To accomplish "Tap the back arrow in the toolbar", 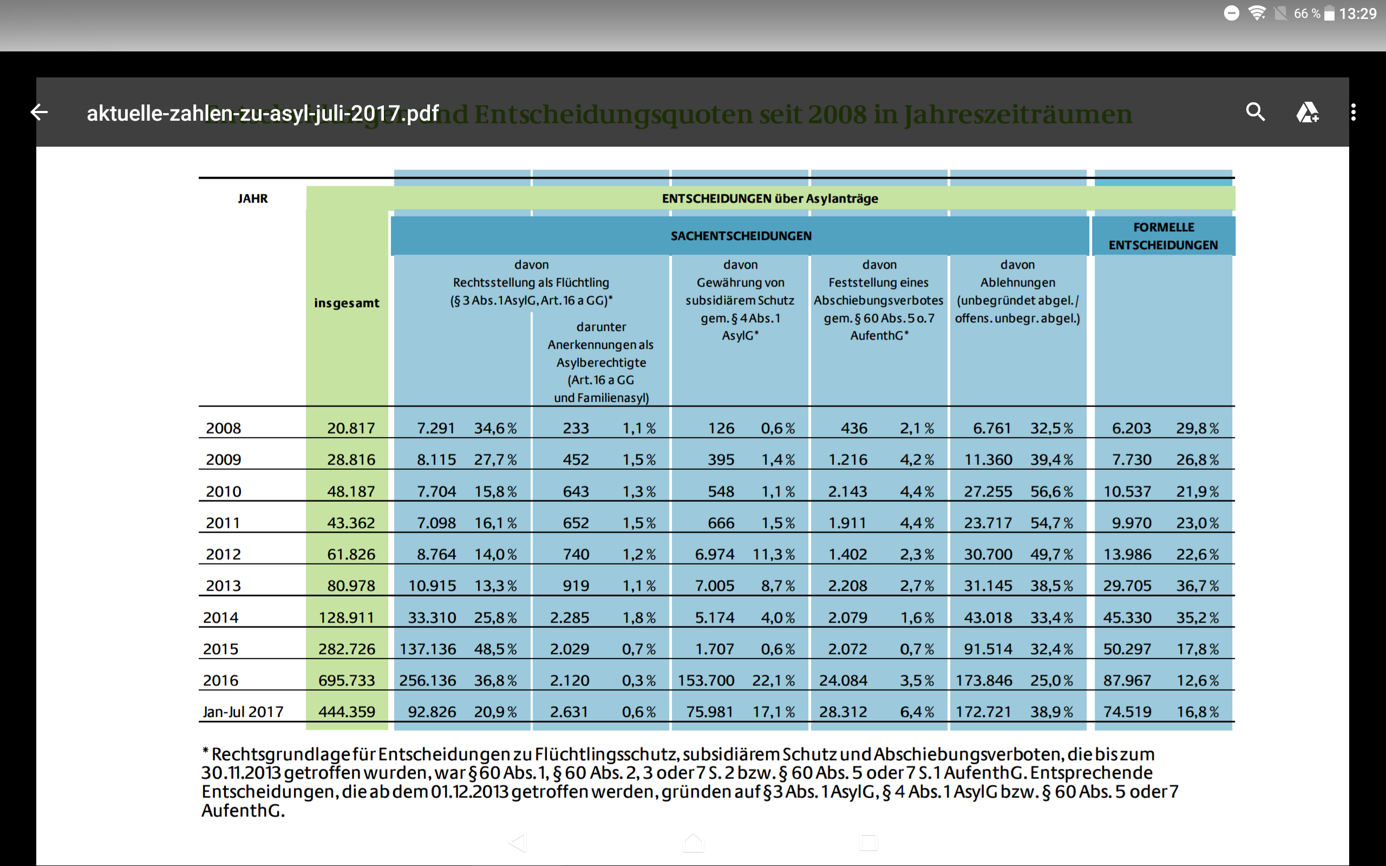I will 39,112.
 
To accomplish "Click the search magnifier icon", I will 1255,111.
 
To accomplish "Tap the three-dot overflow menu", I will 1353,112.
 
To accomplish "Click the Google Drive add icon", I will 1307,112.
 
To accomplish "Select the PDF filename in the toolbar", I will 262,114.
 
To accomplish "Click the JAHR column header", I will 253,199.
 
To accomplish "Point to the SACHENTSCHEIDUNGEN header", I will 741,236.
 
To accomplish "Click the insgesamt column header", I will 346,303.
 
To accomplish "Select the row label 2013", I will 224,586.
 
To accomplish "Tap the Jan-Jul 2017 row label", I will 243,712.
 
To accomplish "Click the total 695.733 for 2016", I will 346,680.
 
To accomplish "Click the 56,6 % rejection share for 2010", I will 1051,491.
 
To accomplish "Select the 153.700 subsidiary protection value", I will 705,680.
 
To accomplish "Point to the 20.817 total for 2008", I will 350,429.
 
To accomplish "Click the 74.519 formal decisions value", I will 1127,712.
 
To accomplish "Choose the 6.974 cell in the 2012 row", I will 714,554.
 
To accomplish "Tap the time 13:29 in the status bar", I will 1357,14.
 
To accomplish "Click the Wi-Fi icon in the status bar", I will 1257,13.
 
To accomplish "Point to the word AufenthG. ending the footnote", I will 243,811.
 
